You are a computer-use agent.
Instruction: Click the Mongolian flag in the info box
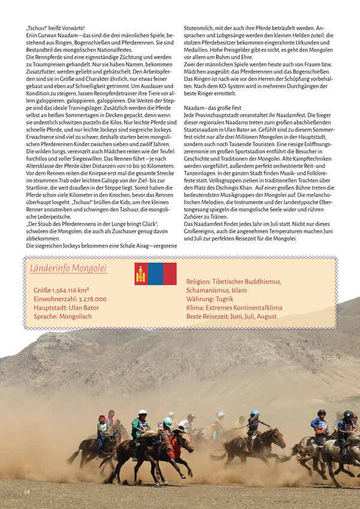(155, 274)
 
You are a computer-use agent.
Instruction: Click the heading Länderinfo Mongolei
(68, 268)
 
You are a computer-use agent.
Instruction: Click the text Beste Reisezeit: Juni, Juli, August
(231, 316)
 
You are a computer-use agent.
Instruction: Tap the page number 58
(27, 492)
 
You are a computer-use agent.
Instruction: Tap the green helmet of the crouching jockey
(168, 422)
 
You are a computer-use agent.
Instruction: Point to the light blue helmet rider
(255, 422)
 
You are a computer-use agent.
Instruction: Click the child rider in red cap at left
(102, 426)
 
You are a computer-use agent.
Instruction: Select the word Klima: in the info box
(196, 308)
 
